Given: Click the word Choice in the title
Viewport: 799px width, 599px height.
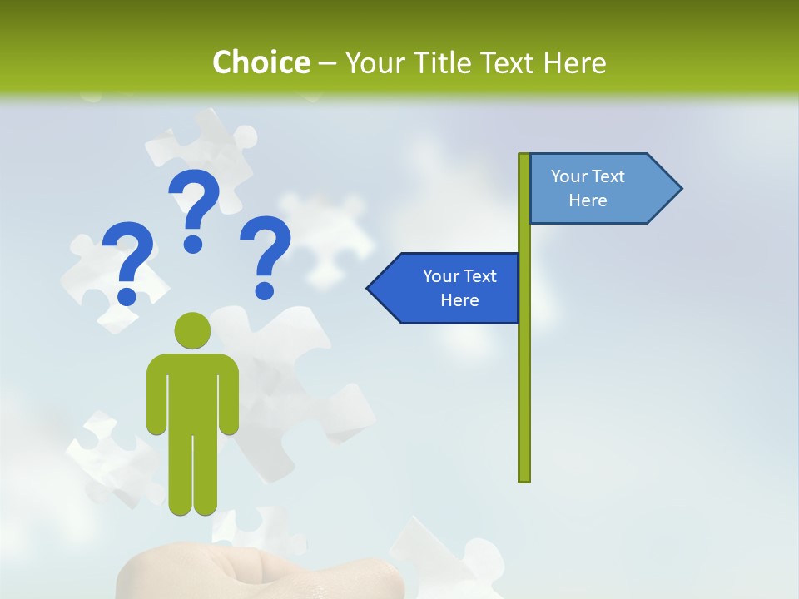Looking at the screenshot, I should [x=261, y=62].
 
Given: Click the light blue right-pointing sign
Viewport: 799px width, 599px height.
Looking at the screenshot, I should [x=595, y=188].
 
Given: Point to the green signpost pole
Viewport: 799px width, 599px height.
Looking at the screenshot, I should [x=524, y=391].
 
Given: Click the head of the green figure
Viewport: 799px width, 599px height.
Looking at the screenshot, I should [x=192, y=330].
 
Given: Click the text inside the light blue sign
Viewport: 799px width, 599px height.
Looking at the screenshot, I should [x=588, y=188].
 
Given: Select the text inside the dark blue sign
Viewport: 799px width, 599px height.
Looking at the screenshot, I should [x=459, y=288].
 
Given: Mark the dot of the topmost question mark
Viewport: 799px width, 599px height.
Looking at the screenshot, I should [x=193, y=244].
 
